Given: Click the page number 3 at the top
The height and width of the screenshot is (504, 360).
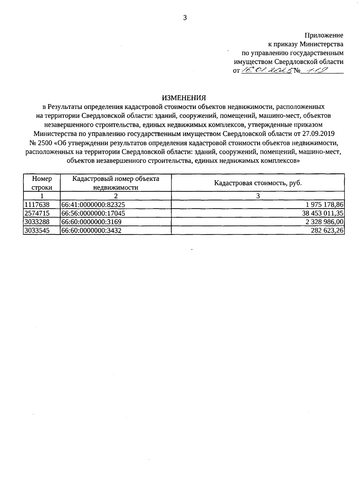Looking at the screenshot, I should (185, 18).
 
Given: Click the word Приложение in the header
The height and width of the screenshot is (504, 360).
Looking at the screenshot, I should (324, 35).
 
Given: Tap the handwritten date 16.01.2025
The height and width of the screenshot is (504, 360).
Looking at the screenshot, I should (267, 70).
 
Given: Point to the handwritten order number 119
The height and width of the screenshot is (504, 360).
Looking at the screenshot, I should (314, 70).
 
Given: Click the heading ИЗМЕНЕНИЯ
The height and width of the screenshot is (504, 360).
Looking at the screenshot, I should (184, 98).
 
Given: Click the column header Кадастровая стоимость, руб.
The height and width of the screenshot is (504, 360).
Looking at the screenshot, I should (258, 183).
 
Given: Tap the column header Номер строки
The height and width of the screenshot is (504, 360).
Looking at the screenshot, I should (42, 183).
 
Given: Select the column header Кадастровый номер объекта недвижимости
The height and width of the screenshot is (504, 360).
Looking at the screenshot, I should (115, 183).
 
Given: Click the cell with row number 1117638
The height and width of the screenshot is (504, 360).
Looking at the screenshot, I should (37, 205).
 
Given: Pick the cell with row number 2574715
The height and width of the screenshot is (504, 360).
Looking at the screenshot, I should (37, 213).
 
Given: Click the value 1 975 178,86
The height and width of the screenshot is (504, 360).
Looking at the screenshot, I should (325, 205).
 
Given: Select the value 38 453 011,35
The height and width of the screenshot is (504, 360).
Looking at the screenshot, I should (322, 213).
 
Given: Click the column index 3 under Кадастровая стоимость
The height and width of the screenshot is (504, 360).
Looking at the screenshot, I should (258, 196).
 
